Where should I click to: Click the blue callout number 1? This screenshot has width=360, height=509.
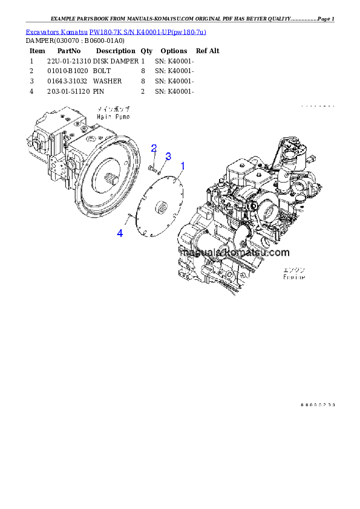[x=183, y=164]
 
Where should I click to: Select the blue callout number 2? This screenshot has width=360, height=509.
[x=154, y=149]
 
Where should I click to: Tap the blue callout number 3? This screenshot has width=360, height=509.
[x=168, y=157]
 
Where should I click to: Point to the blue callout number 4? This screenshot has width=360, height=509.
[x=120, y=233]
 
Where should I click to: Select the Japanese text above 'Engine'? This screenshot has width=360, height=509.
[x=295, y=270]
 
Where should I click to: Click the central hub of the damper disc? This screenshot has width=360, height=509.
[x=162, y=208]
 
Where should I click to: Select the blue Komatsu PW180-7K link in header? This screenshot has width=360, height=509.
[x=116, y=31]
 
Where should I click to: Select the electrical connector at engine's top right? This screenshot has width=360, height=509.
[x=312, y=159]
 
